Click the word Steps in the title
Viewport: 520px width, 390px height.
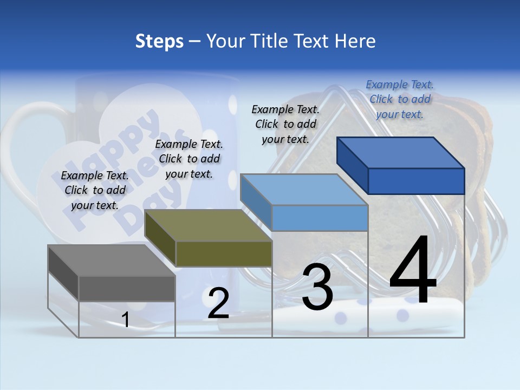(x=159, y=41)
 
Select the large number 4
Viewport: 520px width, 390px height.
(x=413, y=271)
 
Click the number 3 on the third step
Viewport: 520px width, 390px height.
(x=317, y=287)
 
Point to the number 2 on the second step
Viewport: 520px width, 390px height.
(x=218, y=303)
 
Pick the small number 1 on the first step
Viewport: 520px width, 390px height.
(x=125, y=320)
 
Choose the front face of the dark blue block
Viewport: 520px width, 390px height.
(x=416, y=181)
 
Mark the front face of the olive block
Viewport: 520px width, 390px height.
(x=224, y=253)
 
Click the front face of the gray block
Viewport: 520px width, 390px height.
(x=127, y=288)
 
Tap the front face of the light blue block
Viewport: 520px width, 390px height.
(x=320, y=218)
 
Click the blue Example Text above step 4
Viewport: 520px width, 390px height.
(x=400, y=99)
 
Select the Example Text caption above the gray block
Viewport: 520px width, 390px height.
(x=95, y=190)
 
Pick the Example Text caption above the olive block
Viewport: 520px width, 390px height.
(x=189, y=159)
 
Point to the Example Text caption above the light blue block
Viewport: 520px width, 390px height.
(x=285, y=124)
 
